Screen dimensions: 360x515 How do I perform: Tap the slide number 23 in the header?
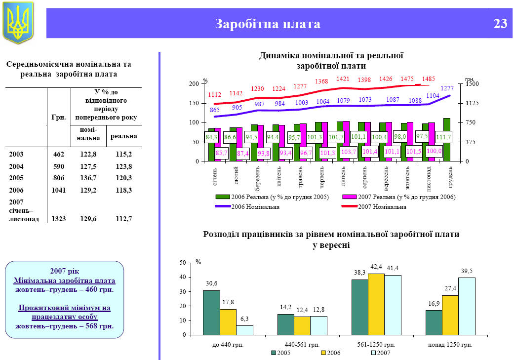(x=500, y=24)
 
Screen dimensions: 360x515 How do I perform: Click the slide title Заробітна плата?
(x=268, y=24)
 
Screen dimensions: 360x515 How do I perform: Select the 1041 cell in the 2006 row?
(x=58, y=190)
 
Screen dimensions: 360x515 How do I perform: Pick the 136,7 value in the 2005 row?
(x=88, y=178)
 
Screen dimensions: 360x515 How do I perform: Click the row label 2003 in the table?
(x=16, y=154)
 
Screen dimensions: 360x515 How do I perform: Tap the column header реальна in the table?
(x=123, y=136)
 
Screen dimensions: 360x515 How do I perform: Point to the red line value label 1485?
(x=428, y=79)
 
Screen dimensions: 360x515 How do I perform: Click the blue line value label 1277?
(x=447, y=88)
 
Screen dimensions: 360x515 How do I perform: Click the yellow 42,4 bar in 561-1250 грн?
(x=376, y=304)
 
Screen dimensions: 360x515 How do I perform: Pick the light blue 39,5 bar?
(x=467, y=306)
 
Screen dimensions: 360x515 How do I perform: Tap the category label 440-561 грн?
(x=302, y=345)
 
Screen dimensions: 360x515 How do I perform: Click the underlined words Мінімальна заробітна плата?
(x=64, y=280)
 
